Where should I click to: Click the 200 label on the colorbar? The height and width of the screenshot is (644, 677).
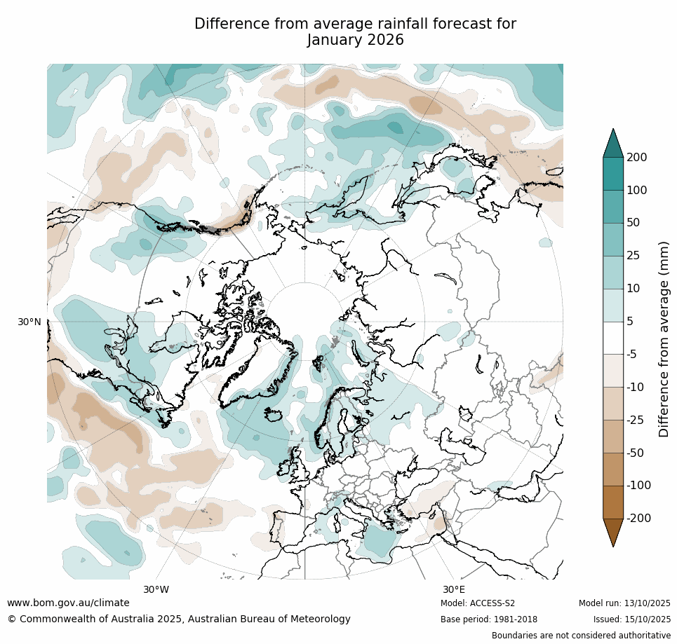pyautogui.click(x=637, y=158)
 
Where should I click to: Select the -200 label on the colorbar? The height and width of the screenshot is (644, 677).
pyautogui.click(x=638, y=519)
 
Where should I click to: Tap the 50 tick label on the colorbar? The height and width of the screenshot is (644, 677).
pyautogui.click(x=634, y=223)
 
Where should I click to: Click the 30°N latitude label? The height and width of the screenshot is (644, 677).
pyautogui.click(x=29, y=322)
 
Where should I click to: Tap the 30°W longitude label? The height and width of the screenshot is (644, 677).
pyautogui.click(x=156, y=589)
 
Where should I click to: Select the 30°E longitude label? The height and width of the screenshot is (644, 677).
pyautogui.click(x=453, y=589)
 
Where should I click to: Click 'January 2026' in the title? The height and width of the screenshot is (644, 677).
pyautogui.click(x=356, y=40)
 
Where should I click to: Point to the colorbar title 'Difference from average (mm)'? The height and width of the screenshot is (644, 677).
pyautogui.click(x=664, y=339)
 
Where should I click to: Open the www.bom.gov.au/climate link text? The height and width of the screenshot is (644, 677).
pyautogui.click(x=69, y=603)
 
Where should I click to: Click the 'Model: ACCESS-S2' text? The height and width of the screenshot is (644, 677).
pyautogui.click(x=478, y=603)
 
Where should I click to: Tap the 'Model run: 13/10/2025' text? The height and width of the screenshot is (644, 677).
pyautogui.click(x=624, y=603)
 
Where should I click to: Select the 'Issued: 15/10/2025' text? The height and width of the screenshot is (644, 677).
pyautogui.click(x=632, y=619)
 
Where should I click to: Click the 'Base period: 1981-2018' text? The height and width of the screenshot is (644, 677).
pyautogui.click(x=489, y=619)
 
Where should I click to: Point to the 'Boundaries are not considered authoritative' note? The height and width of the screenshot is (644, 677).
pyautogui.click(x=581, y=636)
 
